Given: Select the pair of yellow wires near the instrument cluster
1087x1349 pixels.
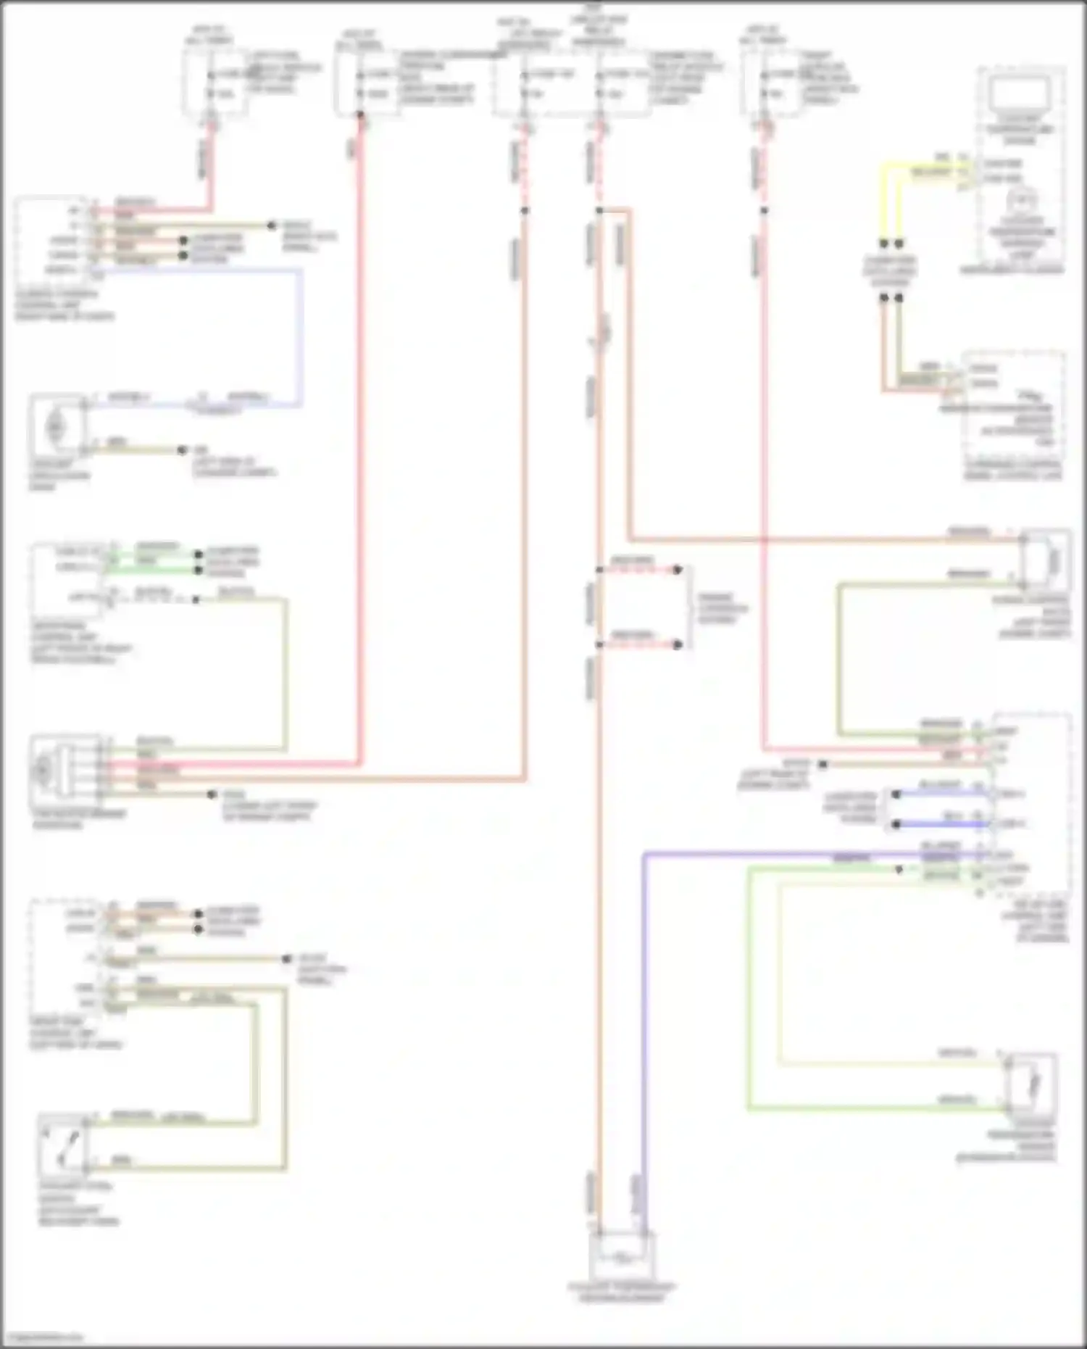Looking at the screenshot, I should click(891, 203).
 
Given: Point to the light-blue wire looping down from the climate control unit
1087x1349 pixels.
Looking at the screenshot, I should click(299, 333).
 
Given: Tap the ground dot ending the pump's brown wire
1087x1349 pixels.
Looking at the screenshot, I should click(182, 450).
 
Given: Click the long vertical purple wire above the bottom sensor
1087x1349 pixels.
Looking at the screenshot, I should click(644, 1015).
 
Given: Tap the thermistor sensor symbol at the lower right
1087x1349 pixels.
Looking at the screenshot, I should click(1032, 1084).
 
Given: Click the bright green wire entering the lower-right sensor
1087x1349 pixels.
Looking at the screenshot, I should click(870, 1108).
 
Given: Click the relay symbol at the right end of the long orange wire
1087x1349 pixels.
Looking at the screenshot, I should click(1046, 560).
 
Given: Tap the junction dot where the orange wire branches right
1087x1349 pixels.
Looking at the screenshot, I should click(599, 211).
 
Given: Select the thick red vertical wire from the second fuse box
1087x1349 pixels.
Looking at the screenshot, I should click(359, 435).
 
